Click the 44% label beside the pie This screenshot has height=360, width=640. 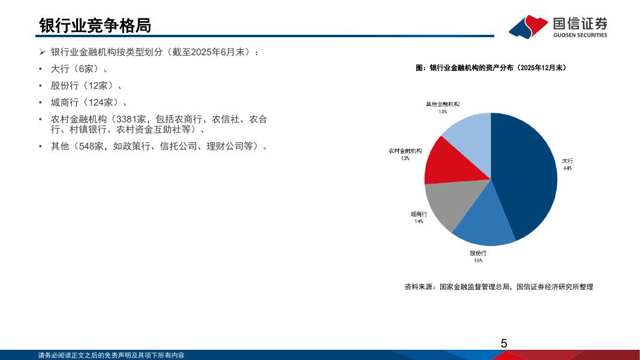tap(568, 168)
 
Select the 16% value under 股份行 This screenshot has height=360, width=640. tap(478, 260)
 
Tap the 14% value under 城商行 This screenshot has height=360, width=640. tap(419, 221)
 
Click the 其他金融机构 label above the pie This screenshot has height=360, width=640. tap(443, 104)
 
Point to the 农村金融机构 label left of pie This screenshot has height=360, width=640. tap(405, 151)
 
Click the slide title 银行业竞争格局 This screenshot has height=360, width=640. tap(95, 26)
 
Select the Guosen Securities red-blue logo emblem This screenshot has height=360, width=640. tap(528, 26)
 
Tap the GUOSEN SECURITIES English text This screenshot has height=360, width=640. tap(580, 35)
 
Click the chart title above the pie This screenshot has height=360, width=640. tap(491, 68)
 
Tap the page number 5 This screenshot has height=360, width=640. tap(504, 344)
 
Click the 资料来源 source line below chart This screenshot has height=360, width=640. tap(499, 287)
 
